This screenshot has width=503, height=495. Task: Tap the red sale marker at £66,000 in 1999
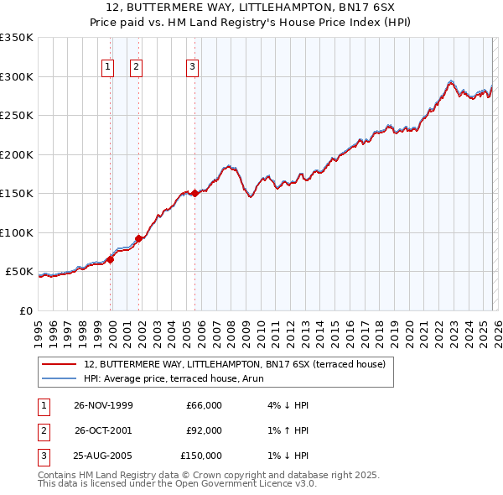click(x=111, y=259)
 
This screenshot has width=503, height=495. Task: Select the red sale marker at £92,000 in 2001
click(x=139, y=238)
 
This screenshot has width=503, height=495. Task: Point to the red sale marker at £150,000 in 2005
click(x=195, y=194)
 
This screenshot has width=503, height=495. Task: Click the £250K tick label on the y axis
click(x=17, y=116)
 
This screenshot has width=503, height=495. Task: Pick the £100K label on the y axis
click(x=17, y=232)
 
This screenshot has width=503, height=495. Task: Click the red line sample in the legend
click(x=59, y=364)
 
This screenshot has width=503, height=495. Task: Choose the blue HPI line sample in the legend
click(x=59, y=378)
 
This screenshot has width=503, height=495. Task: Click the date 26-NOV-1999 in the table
click(x=103, y=405)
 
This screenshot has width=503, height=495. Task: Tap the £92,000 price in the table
click(x=204, y=430)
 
